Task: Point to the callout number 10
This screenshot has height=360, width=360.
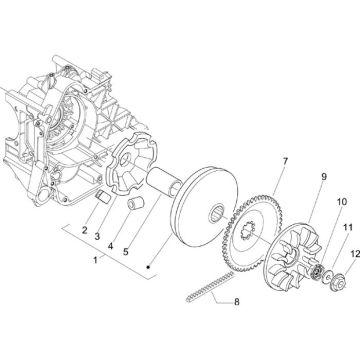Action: point(314,202)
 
